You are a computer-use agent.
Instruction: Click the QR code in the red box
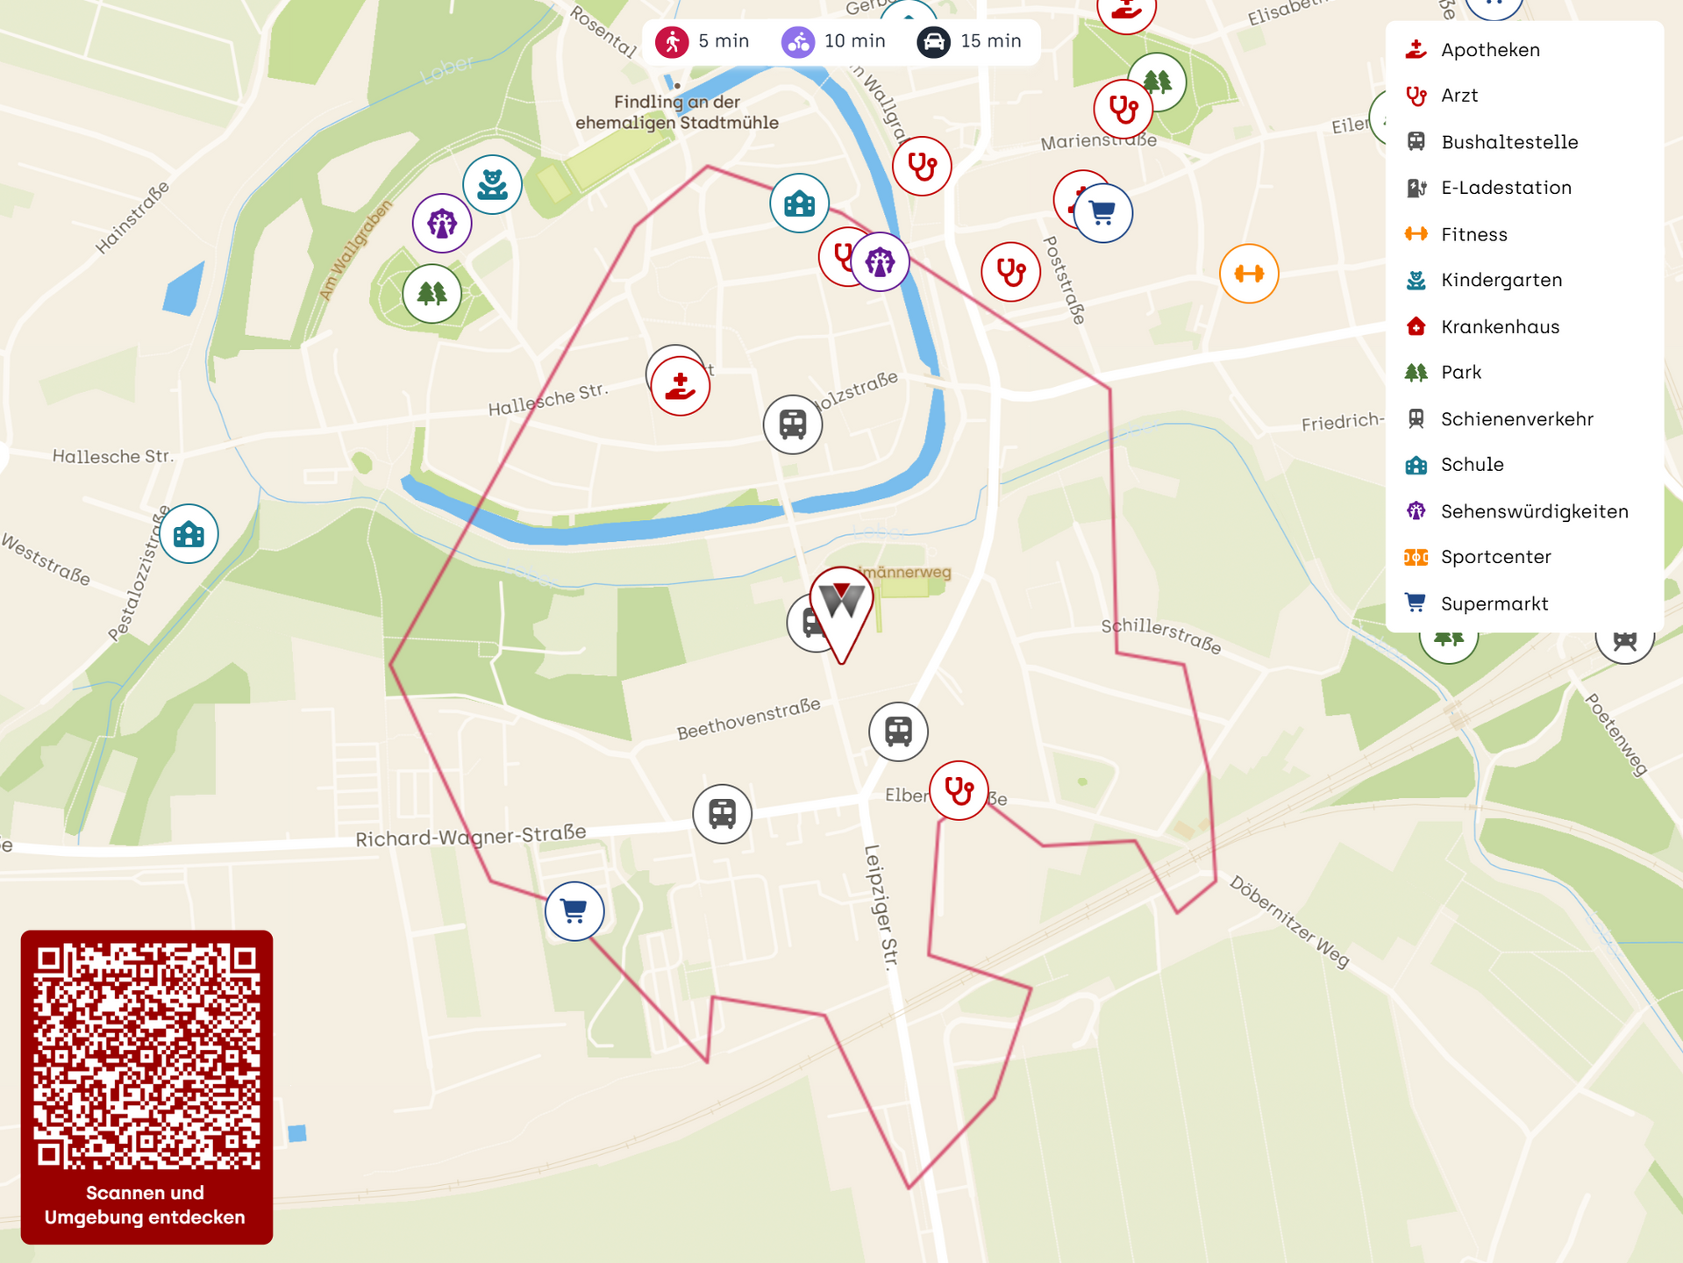146,1056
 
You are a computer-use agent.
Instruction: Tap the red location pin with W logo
841,606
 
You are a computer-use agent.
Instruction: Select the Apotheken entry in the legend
1489,50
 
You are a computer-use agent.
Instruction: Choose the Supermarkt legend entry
1494,603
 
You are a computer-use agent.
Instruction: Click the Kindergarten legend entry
1501,281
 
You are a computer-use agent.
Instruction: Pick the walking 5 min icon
673,41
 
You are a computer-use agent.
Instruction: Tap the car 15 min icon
933,41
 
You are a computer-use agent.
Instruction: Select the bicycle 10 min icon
798,41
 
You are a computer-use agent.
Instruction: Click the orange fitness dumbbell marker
1248,274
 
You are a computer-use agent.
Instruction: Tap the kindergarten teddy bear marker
492,184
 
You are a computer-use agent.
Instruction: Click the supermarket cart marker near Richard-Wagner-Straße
574,911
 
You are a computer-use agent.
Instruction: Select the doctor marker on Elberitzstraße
959,791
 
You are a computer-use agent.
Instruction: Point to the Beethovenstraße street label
748,719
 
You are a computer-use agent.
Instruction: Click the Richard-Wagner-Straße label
470,835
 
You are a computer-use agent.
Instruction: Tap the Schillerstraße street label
1160,637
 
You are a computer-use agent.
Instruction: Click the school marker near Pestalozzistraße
189,533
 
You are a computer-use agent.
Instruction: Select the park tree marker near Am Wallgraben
431,294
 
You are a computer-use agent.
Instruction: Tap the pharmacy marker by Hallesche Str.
680,386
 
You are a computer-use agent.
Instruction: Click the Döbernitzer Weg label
1288,922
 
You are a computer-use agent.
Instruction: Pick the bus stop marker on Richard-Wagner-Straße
722,814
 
